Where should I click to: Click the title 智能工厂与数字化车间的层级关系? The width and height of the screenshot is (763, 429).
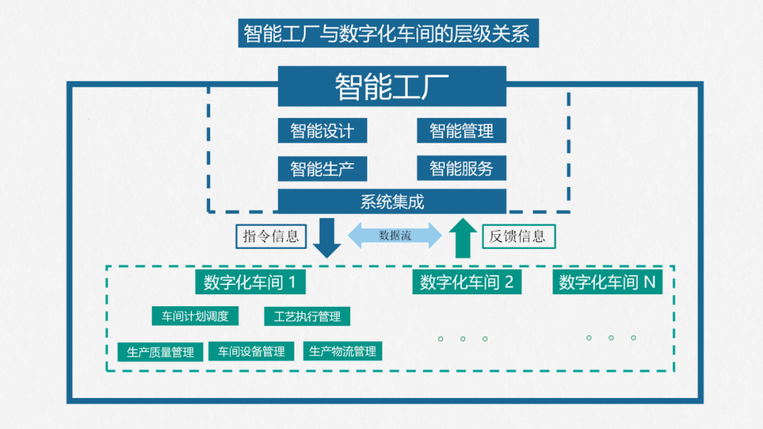(x=388, y=33)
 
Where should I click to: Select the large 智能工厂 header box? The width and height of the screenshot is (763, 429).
(x=392, y=86)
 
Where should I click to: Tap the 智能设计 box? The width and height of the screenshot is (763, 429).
(x=322, y=131)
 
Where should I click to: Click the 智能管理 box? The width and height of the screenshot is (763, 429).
(x=461, y=131)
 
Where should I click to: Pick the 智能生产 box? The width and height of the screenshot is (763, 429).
(x=322, y=169)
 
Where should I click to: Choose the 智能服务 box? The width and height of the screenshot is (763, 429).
(x=461, y=169)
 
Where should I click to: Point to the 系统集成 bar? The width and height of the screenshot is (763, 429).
(x=392, y=201)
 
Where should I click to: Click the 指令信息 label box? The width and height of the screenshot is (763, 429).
(x=271, y=236)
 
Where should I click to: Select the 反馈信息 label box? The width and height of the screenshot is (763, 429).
(x=519, y=236)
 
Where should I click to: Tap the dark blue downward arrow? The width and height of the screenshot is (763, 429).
(x=326, y=238)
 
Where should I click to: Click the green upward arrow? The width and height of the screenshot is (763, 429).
(x=463, y=238)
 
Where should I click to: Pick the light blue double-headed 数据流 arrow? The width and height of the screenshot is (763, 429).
(x=395, y=236)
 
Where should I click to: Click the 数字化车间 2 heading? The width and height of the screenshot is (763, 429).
(x=466, y=283)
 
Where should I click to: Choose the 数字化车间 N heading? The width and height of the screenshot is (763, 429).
(x=608, y=283)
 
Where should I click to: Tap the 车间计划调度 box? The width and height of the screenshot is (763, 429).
(x=195, y=316)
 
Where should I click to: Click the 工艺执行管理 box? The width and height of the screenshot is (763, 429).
(x=307, y=316)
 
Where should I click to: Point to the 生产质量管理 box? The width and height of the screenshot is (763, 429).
(x=160, y=351)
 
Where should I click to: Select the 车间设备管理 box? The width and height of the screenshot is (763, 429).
(x=251, y=351)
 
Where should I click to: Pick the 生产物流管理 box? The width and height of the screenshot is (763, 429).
(x=343, y=351)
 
